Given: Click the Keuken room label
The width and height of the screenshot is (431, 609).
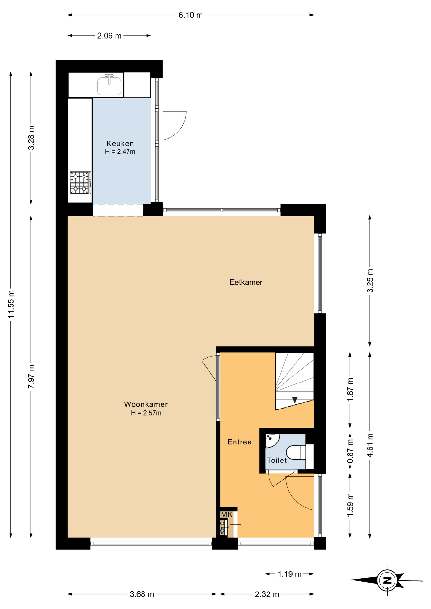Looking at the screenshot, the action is point(120,144).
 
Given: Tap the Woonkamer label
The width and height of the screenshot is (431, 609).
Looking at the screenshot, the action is point(146,404).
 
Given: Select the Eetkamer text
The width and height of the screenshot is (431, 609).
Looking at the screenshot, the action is point(246,282).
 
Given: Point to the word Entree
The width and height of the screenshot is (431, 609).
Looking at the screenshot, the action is point(240,442).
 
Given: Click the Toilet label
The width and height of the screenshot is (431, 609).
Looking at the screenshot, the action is point(277,461).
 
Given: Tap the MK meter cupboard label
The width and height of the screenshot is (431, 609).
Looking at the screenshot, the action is point(227,514).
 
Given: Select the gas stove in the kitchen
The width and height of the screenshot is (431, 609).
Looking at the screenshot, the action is point(80,183).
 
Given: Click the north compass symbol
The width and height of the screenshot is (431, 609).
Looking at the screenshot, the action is point(387,580).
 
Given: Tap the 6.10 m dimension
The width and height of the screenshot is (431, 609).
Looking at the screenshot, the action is point(190,15).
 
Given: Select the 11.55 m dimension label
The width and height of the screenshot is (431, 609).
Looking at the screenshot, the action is point(11,304).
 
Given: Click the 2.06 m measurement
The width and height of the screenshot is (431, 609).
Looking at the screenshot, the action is point(109,36).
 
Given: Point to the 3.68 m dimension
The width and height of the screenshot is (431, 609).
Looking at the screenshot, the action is point(142,594).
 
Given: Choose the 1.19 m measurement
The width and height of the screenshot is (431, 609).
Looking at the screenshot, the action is point(289,574).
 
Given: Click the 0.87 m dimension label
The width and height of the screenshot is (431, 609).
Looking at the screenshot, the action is point(350,451).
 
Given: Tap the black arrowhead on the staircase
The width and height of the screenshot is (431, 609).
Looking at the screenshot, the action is point(295,401).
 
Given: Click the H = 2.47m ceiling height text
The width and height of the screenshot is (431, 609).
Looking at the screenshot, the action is point(120,152).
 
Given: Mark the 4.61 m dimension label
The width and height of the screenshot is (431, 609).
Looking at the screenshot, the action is point(370,445).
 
